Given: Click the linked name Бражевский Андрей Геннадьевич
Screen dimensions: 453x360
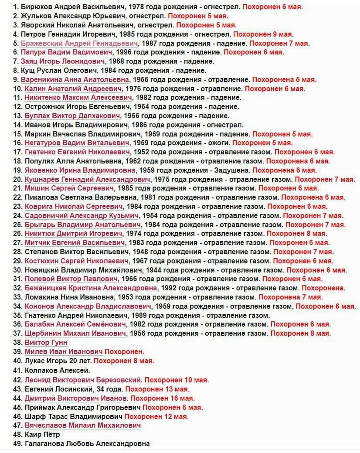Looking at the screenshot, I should pos(82,43).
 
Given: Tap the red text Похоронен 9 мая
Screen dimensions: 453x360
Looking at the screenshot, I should pos(263,34).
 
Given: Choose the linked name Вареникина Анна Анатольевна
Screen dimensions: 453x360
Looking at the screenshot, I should pos(77,80).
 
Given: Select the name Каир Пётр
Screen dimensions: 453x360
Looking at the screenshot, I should pos(42,435).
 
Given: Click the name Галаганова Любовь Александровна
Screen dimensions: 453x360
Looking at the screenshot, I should pos(87,444).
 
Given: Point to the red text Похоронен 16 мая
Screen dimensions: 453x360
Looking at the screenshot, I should pos(163,398).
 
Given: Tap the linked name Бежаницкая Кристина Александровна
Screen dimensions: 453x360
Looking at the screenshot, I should pos(91,288).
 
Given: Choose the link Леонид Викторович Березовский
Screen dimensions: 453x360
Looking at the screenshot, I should pos(83,380).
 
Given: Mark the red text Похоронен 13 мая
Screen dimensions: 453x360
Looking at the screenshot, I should pos(157,389).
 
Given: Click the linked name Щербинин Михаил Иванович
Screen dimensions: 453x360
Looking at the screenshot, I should pos(75,334).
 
